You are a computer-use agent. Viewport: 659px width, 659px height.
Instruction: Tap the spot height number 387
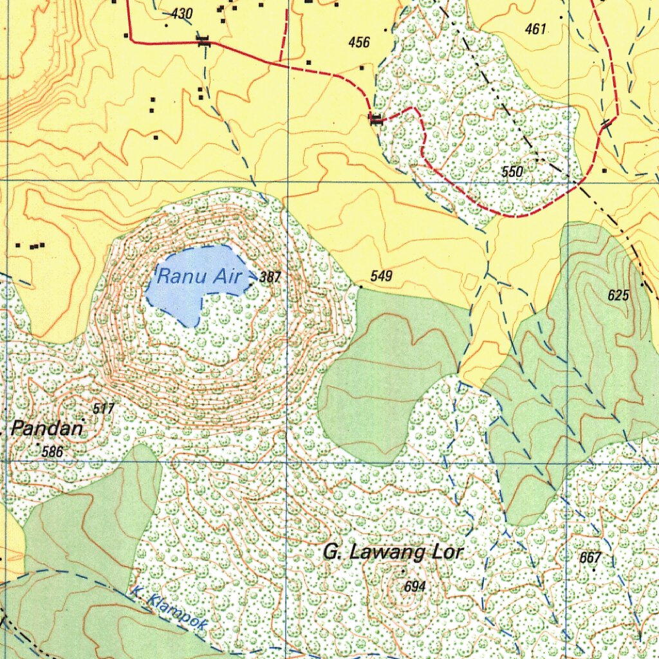[271, 277]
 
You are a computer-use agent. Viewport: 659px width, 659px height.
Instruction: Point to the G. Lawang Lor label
[393, 553]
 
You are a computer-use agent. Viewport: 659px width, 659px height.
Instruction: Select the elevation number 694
[415, 586]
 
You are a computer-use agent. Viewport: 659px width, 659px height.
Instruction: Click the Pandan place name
[48, 429]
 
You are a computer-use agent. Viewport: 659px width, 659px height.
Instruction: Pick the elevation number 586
[52, 452]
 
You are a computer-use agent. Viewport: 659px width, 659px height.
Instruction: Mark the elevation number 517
[104, 409]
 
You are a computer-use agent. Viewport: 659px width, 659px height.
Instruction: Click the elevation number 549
[382, 277]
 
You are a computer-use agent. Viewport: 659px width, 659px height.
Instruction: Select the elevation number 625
[618, 295]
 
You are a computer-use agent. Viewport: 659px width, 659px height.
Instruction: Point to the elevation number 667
[590, 557]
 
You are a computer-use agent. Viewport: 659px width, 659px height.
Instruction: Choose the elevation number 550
[512, 171]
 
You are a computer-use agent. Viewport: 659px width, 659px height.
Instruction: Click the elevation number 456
[359, 42]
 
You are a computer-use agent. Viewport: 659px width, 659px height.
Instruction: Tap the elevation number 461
[535, 29]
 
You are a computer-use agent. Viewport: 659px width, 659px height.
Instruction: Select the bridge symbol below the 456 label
[376, 118]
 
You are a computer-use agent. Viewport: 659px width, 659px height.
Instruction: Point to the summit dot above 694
[403, 571]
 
